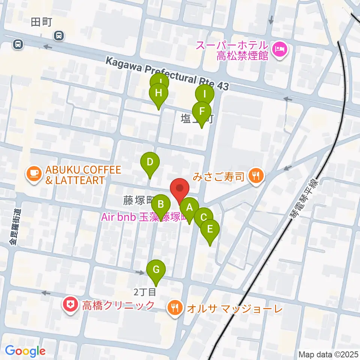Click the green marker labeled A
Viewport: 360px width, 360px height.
coord(189,207)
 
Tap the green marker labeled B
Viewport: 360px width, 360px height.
coord(160,205)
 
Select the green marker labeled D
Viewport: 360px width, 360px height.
coord(150,163)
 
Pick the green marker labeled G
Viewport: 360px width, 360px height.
coord(156,270)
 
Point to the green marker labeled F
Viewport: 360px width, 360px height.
coord(202,111)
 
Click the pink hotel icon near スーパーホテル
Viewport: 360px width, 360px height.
coord(280,48)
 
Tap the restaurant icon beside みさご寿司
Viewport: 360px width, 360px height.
coord(256,175)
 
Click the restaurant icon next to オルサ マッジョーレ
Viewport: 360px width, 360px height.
coord(175,309)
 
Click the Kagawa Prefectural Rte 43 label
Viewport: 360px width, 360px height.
coord(167,73)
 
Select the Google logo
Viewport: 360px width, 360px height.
coord(25,351)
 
